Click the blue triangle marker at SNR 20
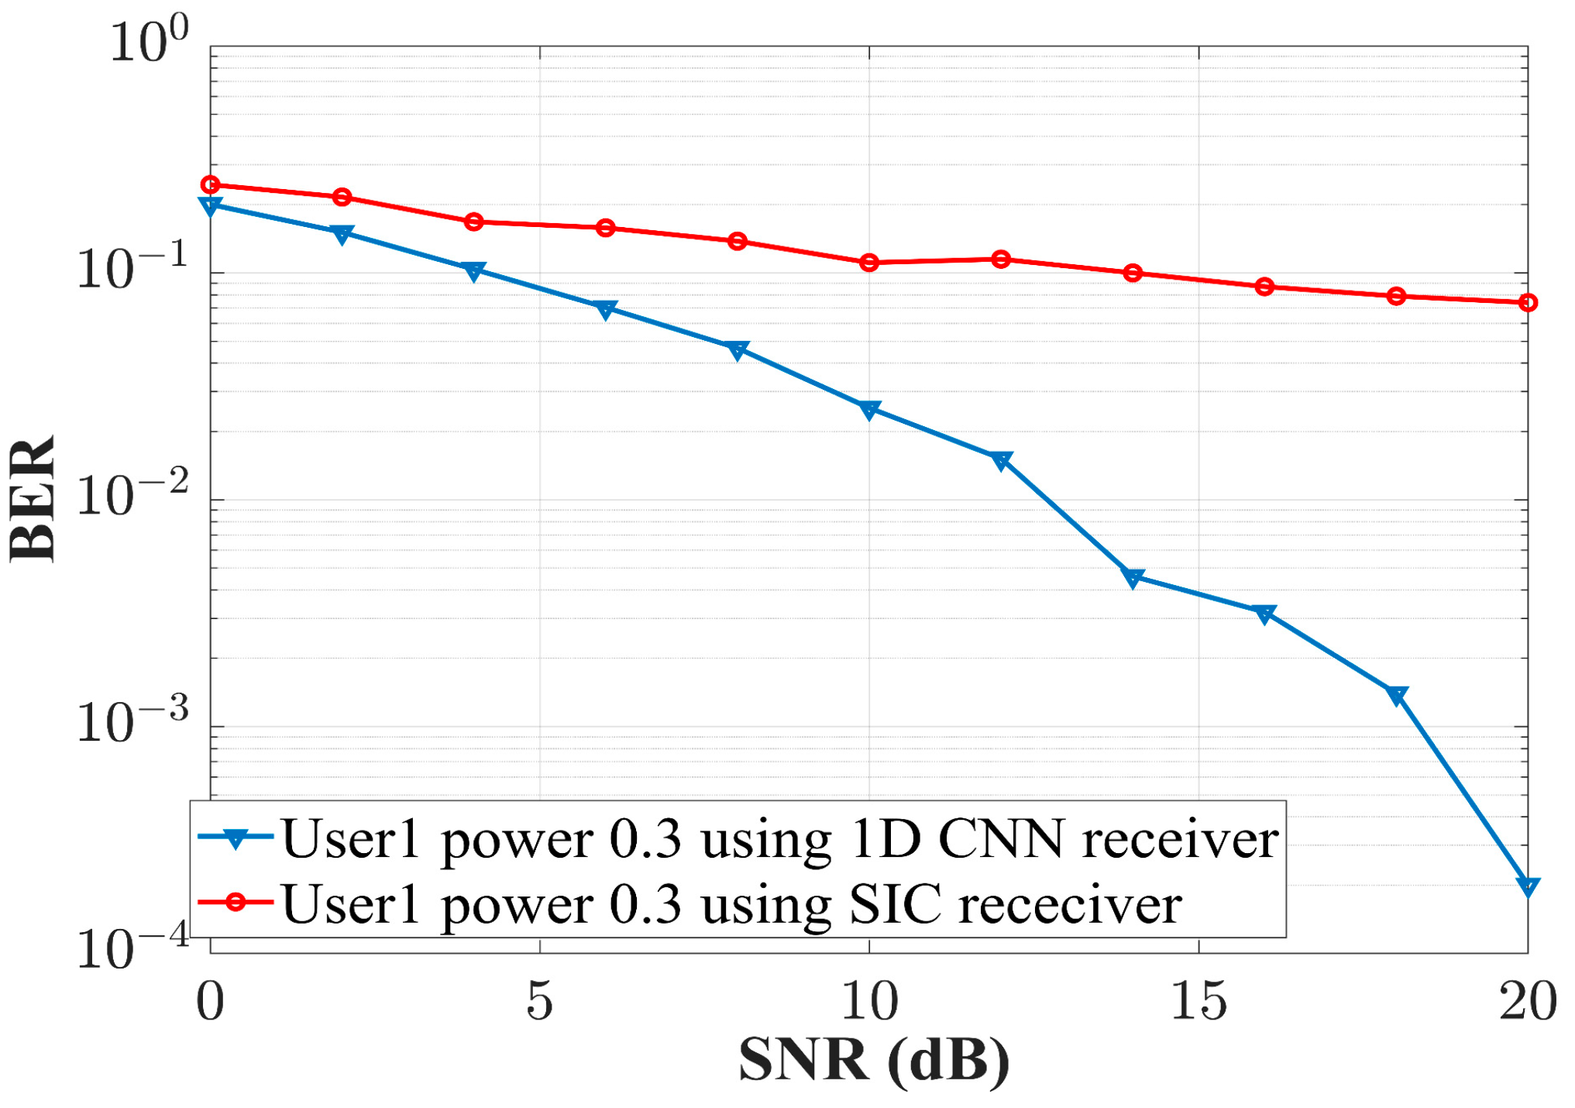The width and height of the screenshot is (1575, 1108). point(1527,886)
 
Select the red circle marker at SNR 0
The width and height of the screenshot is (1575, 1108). point(210,184)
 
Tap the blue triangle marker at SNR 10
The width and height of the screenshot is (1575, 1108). point(869,409)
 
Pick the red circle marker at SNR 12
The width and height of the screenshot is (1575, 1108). point(1001,259)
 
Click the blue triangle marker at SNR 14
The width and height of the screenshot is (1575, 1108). point(1133,578)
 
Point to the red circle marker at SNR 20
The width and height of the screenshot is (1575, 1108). point(1527,302)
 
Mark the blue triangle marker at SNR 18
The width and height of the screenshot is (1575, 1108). point(1396,695)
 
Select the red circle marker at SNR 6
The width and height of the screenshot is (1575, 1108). point(606,228)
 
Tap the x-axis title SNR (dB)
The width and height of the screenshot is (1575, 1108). point(874,1060)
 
